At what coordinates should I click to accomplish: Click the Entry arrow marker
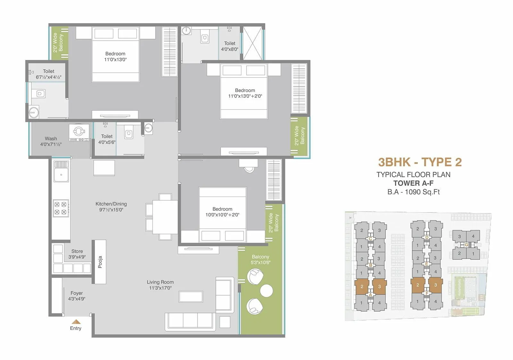click(x=76, y=322)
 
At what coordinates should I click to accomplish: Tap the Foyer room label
click(x=77, y=296)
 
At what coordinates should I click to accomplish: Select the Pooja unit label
click(x=100, y=262)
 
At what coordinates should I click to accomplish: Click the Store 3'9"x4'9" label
click(x=77, y=254)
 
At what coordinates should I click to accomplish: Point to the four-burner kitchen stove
click(x=61, y=208)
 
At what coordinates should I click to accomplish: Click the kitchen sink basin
click(x=61, y=175)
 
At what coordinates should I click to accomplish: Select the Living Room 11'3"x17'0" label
click(x=160, y=285)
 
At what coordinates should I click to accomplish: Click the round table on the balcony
click(x=266, y=291)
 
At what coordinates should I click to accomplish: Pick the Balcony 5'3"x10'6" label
click(x=260, y=259)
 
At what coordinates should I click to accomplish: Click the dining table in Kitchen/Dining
click(x=165, y=217)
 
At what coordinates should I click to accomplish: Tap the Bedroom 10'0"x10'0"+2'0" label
click(x=222, y=212)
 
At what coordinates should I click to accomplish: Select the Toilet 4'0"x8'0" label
click(x=230, y=46)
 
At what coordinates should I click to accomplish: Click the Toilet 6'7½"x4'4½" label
click(x=48, y=74)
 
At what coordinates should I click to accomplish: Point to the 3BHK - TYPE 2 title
click(x=420, y=162)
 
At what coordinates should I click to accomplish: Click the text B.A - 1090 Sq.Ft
click(x=413, y=192)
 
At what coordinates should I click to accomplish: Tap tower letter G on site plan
click(x=466, y=245)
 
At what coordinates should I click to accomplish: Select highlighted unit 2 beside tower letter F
click(x=417, y=285)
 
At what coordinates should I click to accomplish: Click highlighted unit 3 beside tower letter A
click(x=379, y=287)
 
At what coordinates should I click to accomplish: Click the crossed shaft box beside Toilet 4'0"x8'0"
click(x=253, y=43)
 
